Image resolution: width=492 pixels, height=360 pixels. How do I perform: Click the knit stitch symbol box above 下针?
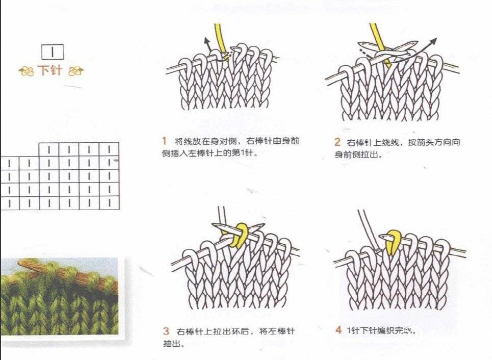[x=53, y=52]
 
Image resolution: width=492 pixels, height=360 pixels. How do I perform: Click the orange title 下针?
[x=49, y=70]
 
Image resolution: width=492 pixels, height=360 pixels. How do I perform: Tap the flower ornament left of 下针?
[x=27, y=71]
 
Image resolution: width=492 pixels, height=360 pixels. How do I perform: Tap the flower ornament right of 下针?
[x=76, y=71]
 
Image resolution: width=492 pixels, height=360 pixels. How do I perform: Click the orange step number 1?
[x=164, y=141]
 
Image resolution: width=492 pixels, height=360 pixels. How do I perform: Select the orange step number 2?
[x=338, y=142]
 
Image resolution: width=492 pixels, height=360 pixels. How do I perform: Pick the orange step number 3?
[x=166, y=331]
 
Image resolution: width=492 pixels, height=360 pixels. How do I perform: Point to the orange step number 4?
[x=339, y=330]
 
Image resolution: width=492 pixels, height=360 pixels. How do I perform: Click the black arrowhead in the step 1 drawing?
[x=206, y=40]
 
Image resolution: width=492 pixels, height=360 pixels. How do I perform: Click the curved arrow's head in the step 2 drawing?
[x=433, y=41]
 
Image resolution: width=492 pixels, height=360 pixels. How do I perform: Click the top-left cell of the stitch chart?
[x=49, y=149]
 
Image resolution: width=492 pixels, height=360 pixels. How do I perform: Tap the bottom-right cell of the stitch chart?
[x=109, y=203]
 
